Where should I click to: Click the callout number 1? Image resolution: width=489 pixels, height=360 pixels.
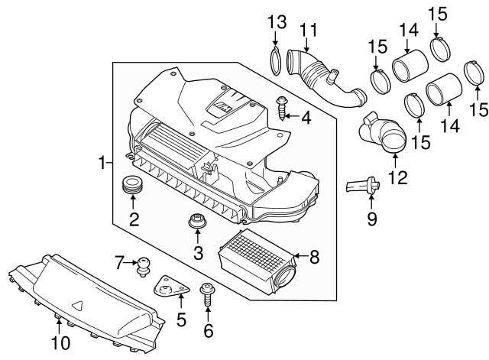(101, 162)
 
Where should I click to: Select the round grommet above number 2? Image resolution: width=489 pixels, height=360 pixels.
(133, 185)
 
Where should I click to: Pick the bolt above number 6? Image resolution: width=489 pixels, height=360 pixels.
(207, 294)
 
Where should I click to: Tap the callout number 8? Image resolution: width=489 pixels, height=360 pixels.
(313, 257)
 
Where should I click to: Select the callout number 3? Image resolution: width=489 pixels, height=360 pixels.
(197, 253)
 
